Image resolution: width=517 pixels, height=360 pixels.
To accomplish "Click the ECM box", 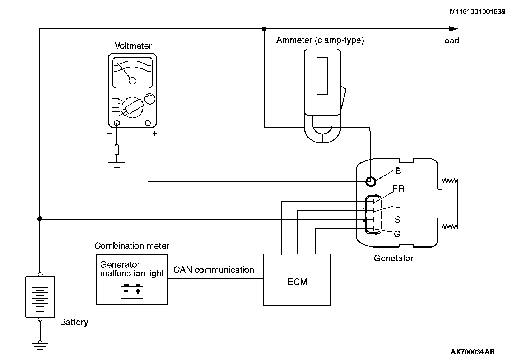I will pos(297,280).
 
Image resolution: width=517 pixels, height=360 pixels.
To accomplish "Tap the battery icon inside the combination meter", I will pos(132,291).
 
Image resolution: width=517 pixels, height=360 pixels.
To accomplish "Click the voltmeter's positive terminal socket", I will pos(148,124).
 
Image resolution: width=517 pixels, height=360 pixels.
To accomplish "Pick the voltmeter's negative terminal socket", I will pos(117,124).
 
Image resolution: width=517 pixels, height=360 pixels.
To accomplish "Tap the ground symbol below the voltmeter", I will pos(117,164).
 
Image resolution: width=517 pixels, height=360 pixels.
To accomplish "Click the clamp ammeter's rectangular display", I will pos(322,76).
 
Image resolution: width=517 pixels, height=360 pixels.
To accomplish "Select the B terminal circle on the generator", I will pos(371,181).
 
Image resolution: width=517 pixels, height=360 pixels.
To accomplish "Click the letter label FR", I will pos(399,189).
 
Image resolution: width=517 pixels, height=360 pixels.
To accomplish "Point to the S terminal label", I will pos(397,220).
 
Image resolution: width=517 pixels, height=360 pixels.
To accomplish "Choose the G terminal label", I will pos(397,234).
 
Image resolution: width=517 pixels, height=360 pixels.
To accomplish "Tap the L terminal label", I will pos(397,205).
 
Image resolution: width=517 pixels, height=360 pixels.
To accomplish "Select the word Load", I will pos(450,41).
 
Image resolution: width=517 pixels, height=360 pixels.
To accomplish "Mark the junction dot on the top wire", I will pos(264,29).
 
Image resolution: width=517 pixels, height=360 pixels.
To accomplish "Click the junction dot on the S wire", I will pos(40,219).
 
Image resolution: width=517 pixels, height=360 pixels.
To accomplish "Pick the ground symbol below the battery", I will pos(40,345).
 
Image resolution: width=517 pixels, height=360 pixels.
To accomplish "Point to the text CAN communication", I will pos(214,270).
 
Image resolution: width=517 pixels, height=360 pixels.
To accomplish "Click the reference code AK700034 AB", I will pos(472,352).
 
